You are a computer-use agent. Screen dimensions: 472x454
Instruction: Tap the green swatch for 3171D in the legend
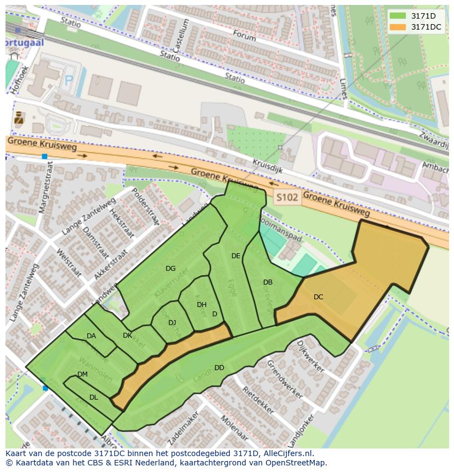(398, 16)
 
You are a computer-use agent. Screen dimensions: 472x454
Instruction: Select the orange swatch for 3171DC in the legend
(398, 27)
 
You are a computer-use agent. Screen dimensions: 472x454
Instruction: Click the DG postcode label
(171, 269)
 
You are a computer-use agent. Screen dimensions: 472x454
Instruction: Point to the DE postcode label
(236, 256)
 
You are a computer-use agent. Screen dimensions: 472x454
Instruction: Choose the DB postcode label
(268, 283)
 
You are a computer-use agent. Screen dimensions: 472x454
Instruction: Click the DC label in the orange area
(318, 297)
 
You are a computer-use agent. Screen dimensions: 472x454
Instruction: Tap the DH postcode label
(202, 305)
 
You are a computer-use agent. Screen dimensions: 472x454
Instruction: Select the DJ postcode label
(172, 323)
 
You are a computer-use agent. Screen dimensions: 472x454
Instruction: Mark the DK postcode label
(127, 335)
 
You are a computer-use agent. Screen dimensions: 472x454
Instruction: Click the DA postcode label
(91, 336)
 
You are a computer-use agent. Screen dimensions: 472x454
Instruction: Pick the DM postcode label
(82, 374)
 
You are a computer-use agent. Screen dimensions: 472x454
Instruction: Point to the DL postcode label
(93, 397)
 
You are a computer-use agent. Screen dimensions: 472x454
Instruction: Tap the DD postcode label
(219, 368)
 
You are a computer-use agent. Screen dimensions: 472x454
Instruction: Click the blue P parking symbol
(69, 81)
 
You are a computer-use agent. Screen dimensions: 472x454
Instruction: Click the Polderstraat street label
(145, 207)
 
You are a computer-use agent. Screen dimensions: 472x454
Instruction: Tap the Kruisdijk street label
(268, 166)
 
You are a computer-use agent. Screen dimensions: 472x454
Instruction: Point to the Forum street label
(245, 36)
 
